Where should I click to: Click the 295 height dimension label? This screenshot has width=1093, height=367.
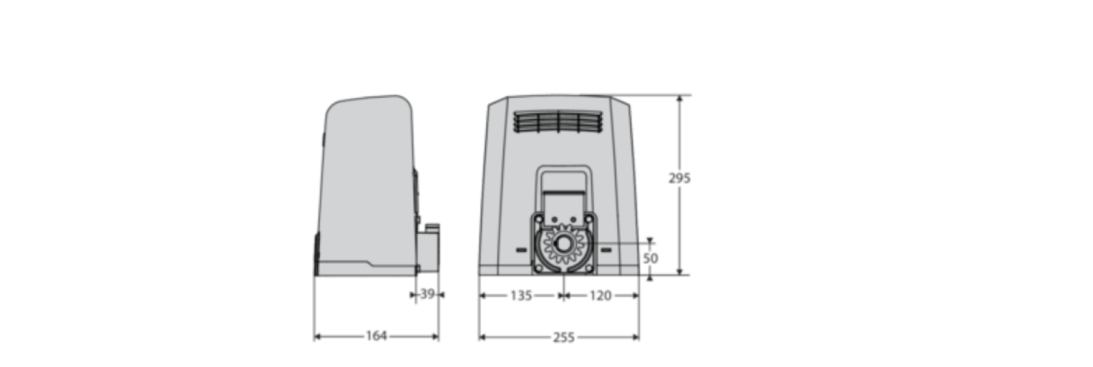click(679, 178)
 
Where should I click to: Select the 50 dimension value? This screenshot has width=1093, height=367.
click(650, 258)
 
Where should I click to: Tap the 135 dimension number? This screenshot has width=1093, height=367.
click(521, 295)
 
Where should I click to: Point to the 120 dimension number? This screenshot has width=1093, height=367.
click(600, 295)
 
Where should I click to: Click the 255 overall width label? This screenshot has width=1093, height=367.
click(563, 337)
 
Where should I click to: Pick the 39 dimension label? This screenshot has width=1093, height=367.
click(428, 294)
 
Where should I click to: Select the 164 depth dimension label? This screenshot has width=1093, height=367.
click(376, 336)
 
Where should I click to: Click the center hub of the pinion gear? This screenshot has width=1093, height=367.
click(563, 244)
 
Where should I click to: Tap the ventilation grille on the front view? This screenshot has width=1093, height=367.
click(558, 121)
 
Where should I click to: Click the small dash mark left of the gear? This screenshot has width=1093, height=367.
click(521, 250)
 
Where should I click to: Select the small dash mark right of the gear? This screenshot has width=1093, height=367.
click(605, 250)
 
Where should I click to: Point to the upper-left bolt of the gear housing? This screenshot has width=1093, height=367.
click(538, 218)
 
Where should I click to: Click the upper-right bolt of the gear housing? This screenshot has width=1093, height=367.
click(588, 218)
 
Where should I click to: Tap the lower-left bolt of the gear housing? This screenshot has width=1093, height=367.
click(538, 268)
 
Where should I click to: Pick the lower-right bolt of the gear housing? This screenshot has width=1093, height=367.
click(588, 268)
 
